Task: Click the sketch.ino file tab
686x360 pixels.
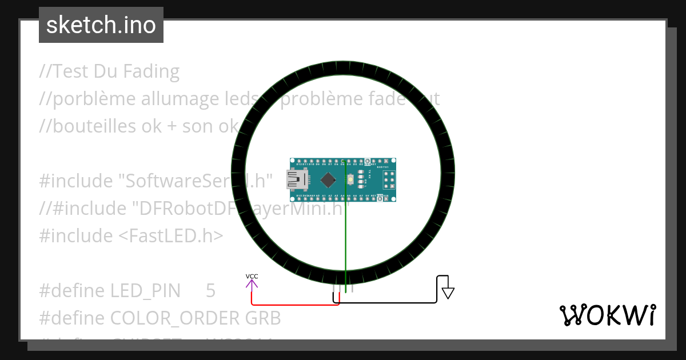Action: tap(101, 25)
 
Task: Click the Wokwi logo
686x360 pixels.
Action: tap(607, 315)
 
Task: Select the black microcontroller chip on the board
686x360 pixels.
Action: tap(328, 179)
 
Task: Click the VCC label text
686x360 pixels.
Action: tap(252, 277)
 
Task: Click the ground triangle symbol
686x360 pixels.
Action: tap(448, 293)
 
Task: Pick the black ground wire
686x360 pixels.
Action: tap(389, 302)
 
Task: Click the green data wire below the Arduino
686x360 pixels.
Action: tap(345, 240)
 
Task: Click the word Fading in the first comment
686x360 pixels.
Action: tap(151, 71)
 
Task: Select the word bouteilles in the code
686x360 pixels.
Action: tap(88, 126)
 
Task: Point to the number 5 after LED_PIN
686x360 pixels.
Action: tap(210, 291)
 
